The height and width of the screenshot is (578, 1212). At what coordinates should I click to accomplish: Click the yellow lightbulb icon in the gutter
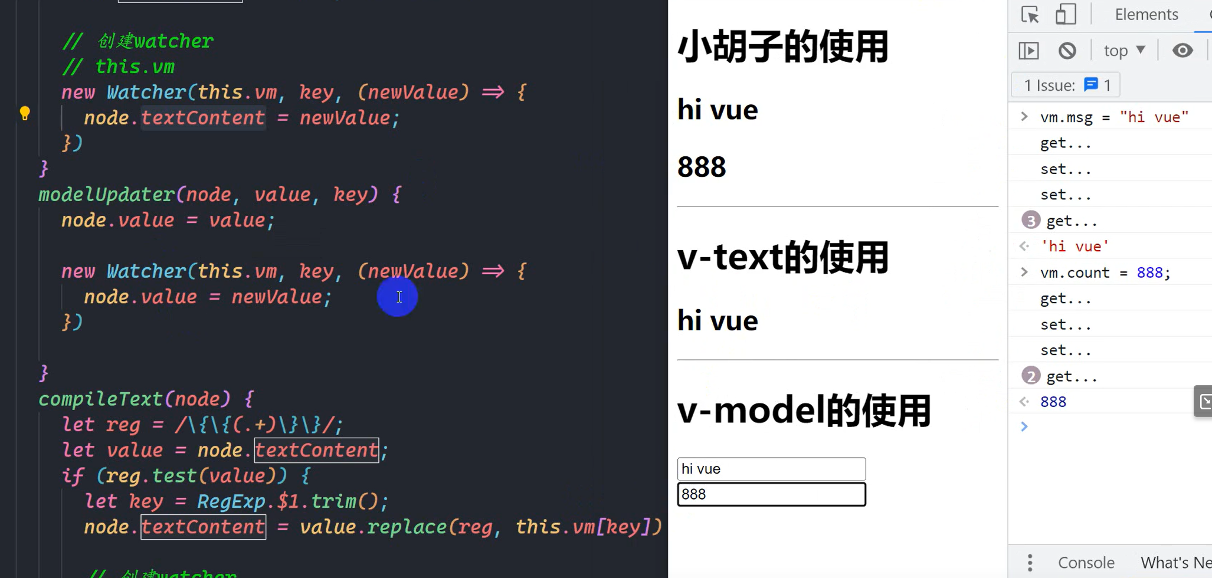[25, 113]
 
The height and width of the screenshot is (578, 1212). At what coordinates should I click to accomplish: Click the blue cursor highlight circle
[398, 297]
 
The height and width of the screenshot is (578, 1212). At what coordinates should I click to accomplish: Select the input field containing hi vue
[771, 469]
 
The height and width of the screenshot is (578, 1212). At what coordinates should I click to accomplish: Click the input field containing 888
[771, 494]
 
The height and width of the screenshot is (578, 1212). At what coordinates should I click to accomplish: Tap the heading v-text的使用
[782, 258]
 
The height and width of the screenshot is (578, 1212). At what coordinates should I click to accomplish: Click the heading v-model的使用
[804, 410]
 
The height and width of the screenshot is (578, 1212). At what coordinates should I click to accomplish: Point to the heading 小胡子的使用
[782, 47]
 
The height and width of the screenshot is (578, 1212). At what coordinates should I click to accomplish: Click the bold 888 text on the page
[702, 167]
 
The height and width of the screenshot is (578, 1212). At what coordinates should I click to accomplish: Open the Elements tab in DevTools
[1146, 14]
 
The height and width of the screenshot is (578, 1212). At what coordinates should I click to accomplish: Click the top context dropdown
[1124, 51]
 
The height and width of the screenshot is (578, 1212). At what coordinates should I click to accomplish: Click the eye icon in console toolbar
[1182, 51]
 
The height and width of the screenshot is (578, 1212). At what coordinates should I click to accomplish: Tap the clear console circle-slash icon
[1067, 51]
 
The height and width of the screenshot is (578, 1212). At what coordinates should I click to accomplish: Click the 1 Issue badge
[1066, 86]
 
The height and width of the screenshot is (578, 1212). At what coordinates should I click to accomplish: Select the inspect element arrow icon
[1030, 14]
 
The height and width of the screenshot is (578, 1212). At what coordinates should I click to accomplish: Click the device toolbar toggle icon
[1065, 14]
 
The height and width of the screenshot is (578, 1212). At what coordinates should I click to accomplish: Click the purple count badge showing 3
[1030, 221]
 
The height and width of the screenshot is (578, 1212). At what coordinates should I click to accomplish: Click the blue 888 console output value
[1053, 402]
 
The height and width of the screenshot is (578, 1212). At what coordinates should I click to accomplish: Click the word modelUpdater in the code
[106, 195]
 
